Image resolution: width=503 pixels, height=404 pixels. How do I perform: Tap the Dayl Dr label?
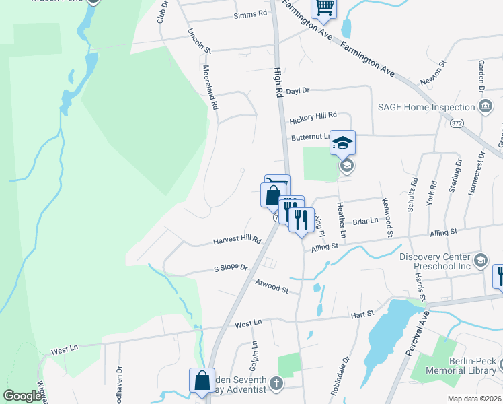pyautogui.click(x=297, y=90)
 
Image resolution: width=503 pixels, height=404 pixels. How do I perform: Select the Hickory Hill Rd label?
pyautogui.click(x=313, y=119)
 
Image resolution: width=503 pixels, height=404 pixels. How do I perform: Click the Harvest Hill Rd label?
pyautogui.click(x=237, y=240)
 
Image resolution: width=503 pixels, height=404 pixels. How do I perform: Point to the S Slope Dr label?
pyautogui.click(x=231, y=268)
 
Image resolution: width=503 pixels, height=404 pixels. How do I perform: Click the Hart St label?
pyautogui.click(x=362, y=314)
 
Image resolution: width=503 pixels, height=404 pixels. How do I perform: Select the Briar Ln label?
pyautogui.click(x=366, y=221)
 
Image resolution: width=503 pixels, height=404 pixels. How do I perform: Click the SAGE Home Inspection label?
pyautogui.click(x=426, y=107)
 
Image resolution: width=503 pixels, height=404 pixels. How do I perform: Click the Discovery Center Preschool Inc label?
pyautogui.click(x=437, y=261)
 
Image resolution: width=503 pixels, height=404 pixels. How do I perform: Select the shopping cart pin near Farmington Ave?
pyautogui.click(x=324, y=7)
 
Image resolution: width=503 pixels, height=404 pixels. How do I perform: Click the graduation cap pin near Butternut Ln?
pyautogui.click(x=342, y=143)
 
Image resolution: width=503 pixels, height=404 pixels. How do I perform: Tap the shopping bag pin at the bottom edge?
pyautogui.click(x=202, y=380)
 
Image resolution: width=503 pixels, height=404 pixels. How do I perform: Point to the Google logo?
pyautogui.click(x=22, y=396)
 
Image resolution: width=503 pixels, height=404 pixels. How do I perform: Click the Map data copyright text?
pyautogui.click(x=475, y=399)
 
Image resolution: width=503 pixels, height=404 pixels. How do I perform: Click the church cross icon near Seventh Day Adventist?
pyautogui.click(x=275, y=384)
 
